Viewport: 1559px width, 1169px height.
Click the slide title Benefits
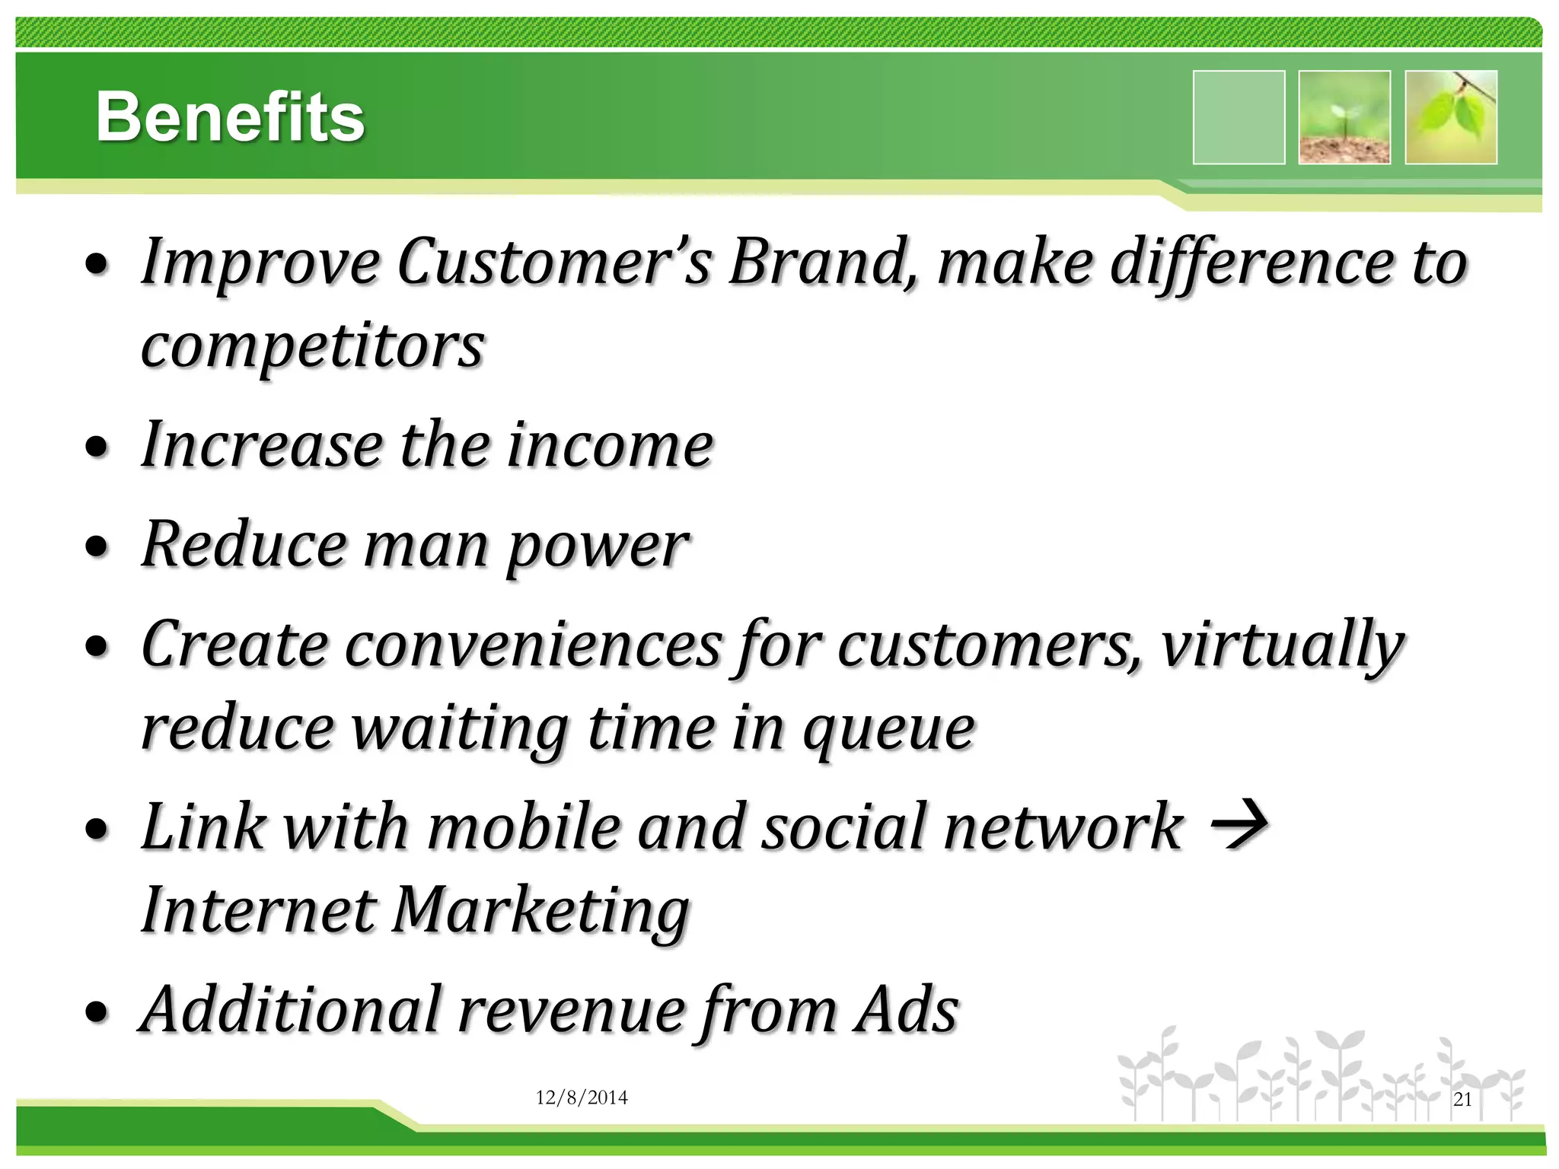click(230, 117)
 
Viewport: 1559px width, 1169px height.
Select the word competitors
click(313, 346)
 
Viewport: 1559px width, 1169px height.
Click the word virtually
click(1282, 645)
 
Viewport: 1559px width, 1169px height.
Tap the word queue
click(889, 729)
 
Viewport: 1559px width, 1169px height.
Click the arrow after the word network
click(1239, 825)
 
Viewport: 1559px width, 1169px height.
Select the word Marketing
click(540, 911)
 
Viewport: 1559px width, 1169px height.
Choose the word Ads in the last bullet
click(906, 1010)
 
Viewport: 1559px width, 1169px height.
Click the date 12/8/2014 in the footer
click(582, 1097)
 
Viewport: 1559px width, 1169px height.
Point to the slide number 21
click(1462, 1099)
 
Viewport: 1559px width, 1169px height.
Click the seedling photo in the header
click(1344, 117)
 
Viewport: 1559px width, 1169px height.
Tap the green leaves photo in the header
click(1451, 117)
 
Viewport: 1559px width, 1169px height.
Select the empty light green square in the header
click(1239, 117)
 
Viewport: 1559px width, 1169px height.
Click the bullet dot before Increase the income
click(97, 448)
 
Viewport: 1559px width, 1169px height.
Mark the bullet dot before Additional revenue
click(97, 1013)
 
